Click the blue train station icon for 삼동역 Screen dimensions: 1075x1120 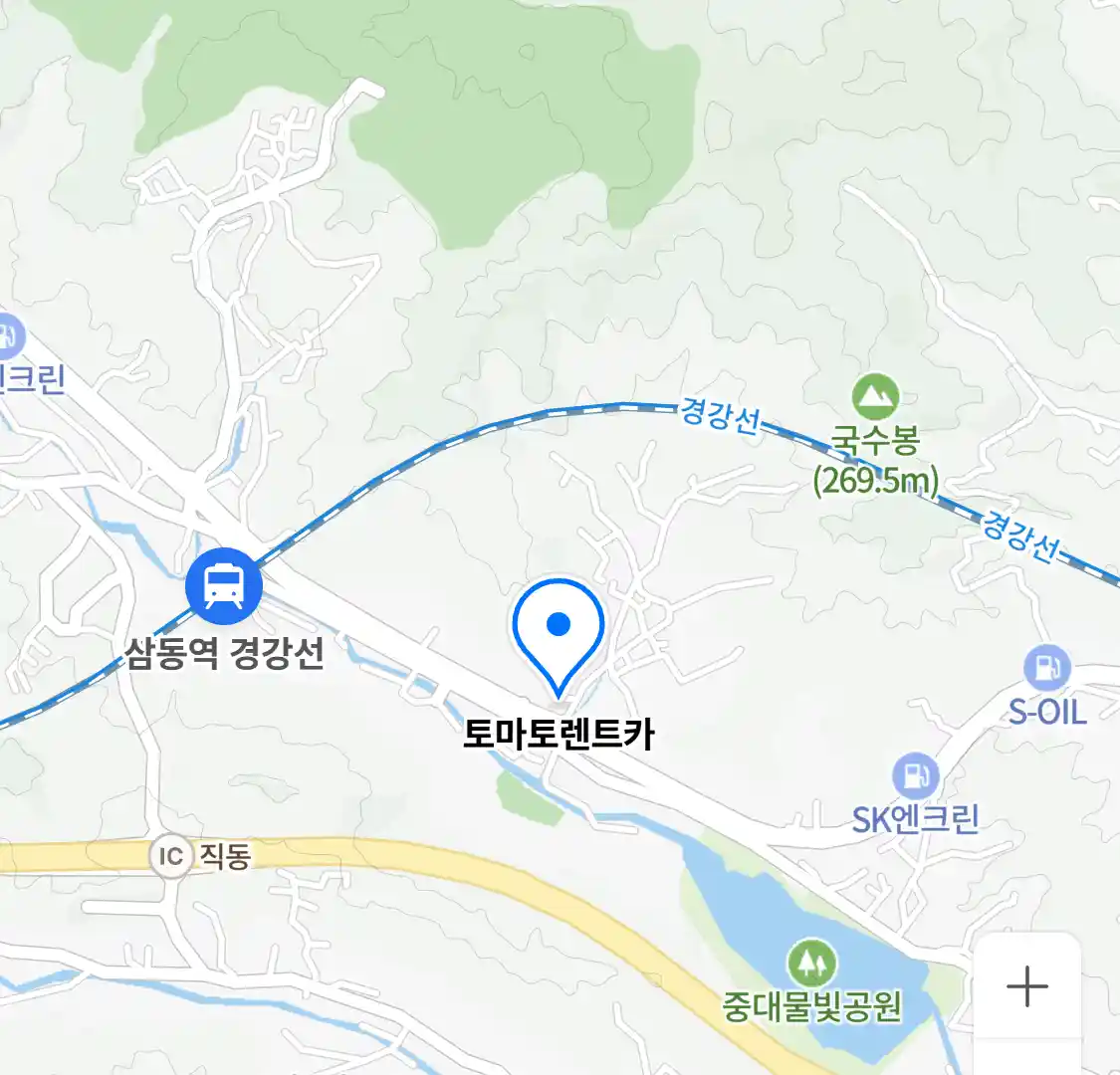pos(224,586)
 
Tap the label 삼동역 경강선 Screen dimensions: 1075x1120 pos(224,654)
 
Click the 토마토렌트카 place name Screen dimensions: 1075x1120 pos(559,735)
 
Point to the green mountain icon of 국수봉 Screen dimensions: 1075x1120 pos(875,397)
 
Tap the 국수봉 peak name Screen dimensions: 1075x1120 pos(875,441)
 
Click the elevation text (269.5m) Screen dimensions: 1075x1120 pos(875,481)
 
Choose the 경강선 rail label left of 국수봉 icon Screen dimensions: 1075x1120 pos(720,414)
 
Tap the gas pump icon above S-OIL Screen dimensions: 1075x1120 pos(1046,667)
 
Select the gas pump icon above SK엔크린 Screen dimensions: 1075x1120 pos(915,774)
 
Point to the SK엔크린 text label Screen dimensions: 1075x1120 pos(915,819)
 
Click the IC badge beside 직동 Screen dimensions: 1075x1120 pos(171,856)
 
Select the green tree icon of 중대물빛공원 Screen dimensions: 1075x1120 pos(812,963)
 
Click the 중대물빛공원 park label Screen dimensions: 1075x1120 pos(812,1007)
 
